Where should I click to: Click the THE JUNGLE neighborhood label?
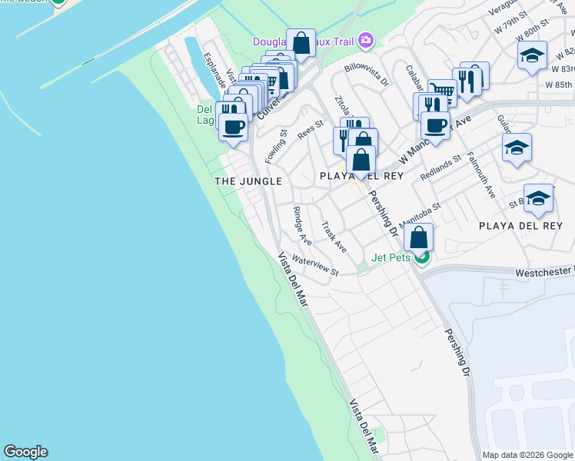(248, 181)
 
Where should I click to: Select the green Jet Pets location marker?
(421, 258)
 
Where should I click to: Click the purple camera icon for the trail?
(366, 39)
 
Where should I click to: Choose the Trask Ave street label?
(334, 237)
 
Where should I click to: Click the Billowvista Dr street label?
(367, 75)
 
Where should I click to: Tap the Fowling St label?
(276, 145)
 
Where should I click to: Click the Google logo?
(25, 452)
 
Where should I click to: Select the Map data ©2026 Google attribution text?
(527, 455)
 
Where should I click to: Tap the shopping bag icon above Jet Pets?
(419, 237)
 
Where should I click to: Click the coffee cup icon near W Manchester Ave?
(435, 124)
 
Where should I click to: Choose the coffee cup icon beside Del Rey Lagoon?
(234, 126)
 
